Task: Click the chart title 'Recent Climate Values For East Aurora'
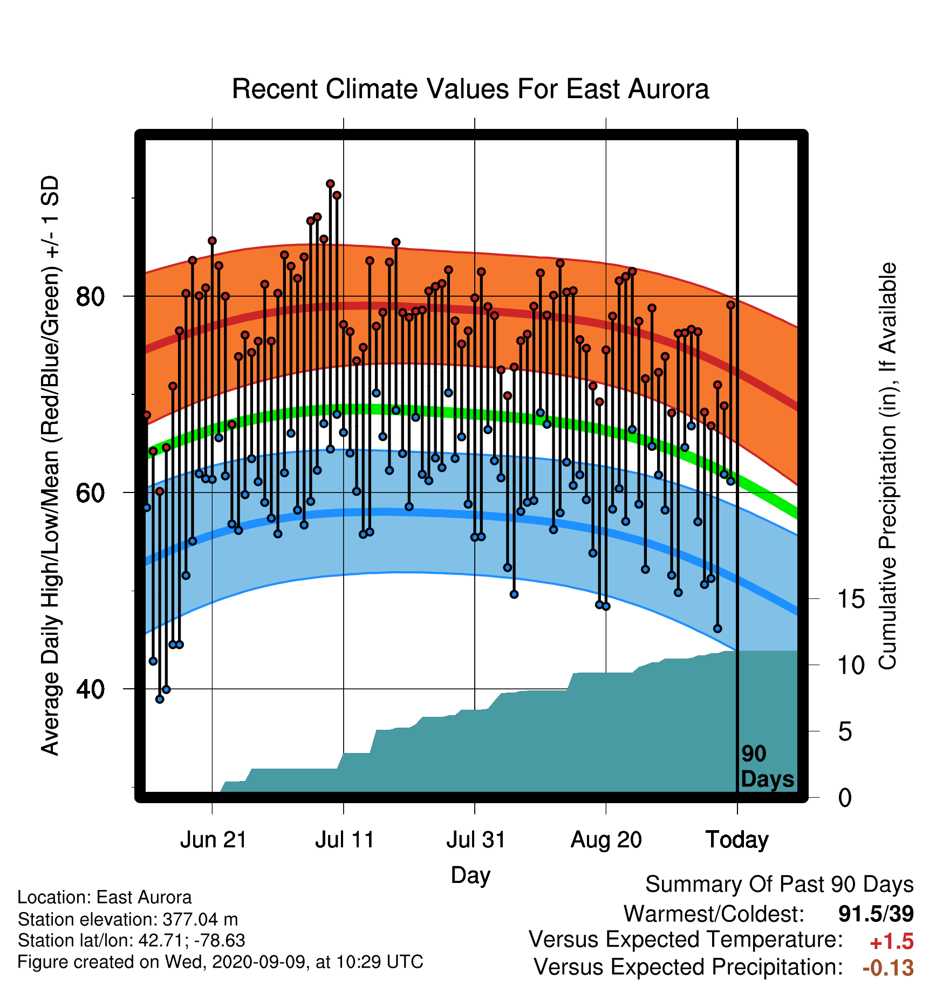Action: (470, 89)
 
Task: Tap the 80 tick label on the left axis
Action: (91, 296)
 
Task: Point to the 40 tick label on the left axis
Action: (91, 689)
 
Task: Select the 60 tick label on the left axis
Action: (91, 492)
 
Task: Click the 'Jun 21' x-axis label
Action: (213, 840)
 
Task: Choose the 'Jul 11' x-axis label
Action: (345, 840)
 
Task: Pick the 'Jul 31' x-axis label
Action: (476, 840)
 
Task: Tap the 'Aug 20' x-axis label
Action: (606, 840)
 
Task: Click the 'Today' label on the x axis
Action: (737, 840)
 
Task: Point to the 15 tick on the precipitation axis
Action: (851, 599)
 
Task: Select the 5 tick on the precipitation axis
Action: (845, 732)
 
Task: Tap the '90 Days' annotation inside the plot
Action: (767, 767)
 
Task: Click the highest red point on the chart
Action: (330, 184)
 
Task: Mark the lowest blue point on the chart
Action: (160, 699)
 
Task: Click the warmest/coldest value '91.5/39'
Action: (876, 914)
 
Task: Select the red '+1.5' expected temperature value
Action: (892, 942)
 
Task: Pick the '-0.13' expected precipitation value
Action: (889, 968)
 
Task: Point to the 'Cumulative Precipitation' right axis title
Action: (887, 467)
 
